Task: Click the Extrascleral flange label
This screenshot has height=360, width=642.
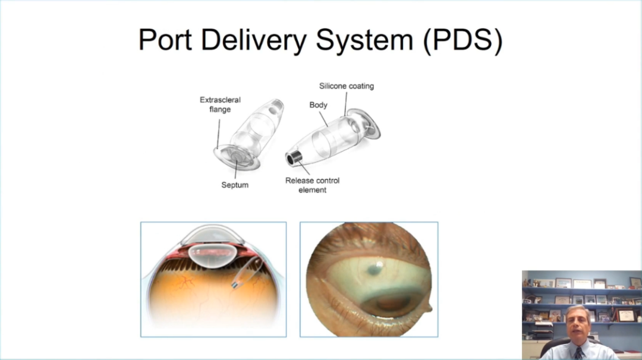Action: tap(220, 105)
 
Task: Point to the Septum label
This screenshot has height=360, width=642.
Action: tap(235, 185)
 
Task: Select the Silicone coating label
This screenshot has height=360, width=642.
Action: tap(347, 86)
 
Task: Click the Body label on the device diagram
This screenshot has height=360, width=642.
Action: tap(319, 105)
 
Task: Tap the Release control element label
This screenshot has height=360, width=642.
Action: tap(312, 185)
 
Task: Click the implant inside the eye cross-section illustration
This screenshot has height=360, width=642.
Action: tap(243, 276)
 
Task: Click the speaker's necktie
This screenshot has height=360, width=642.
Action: tap(578, 353)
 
